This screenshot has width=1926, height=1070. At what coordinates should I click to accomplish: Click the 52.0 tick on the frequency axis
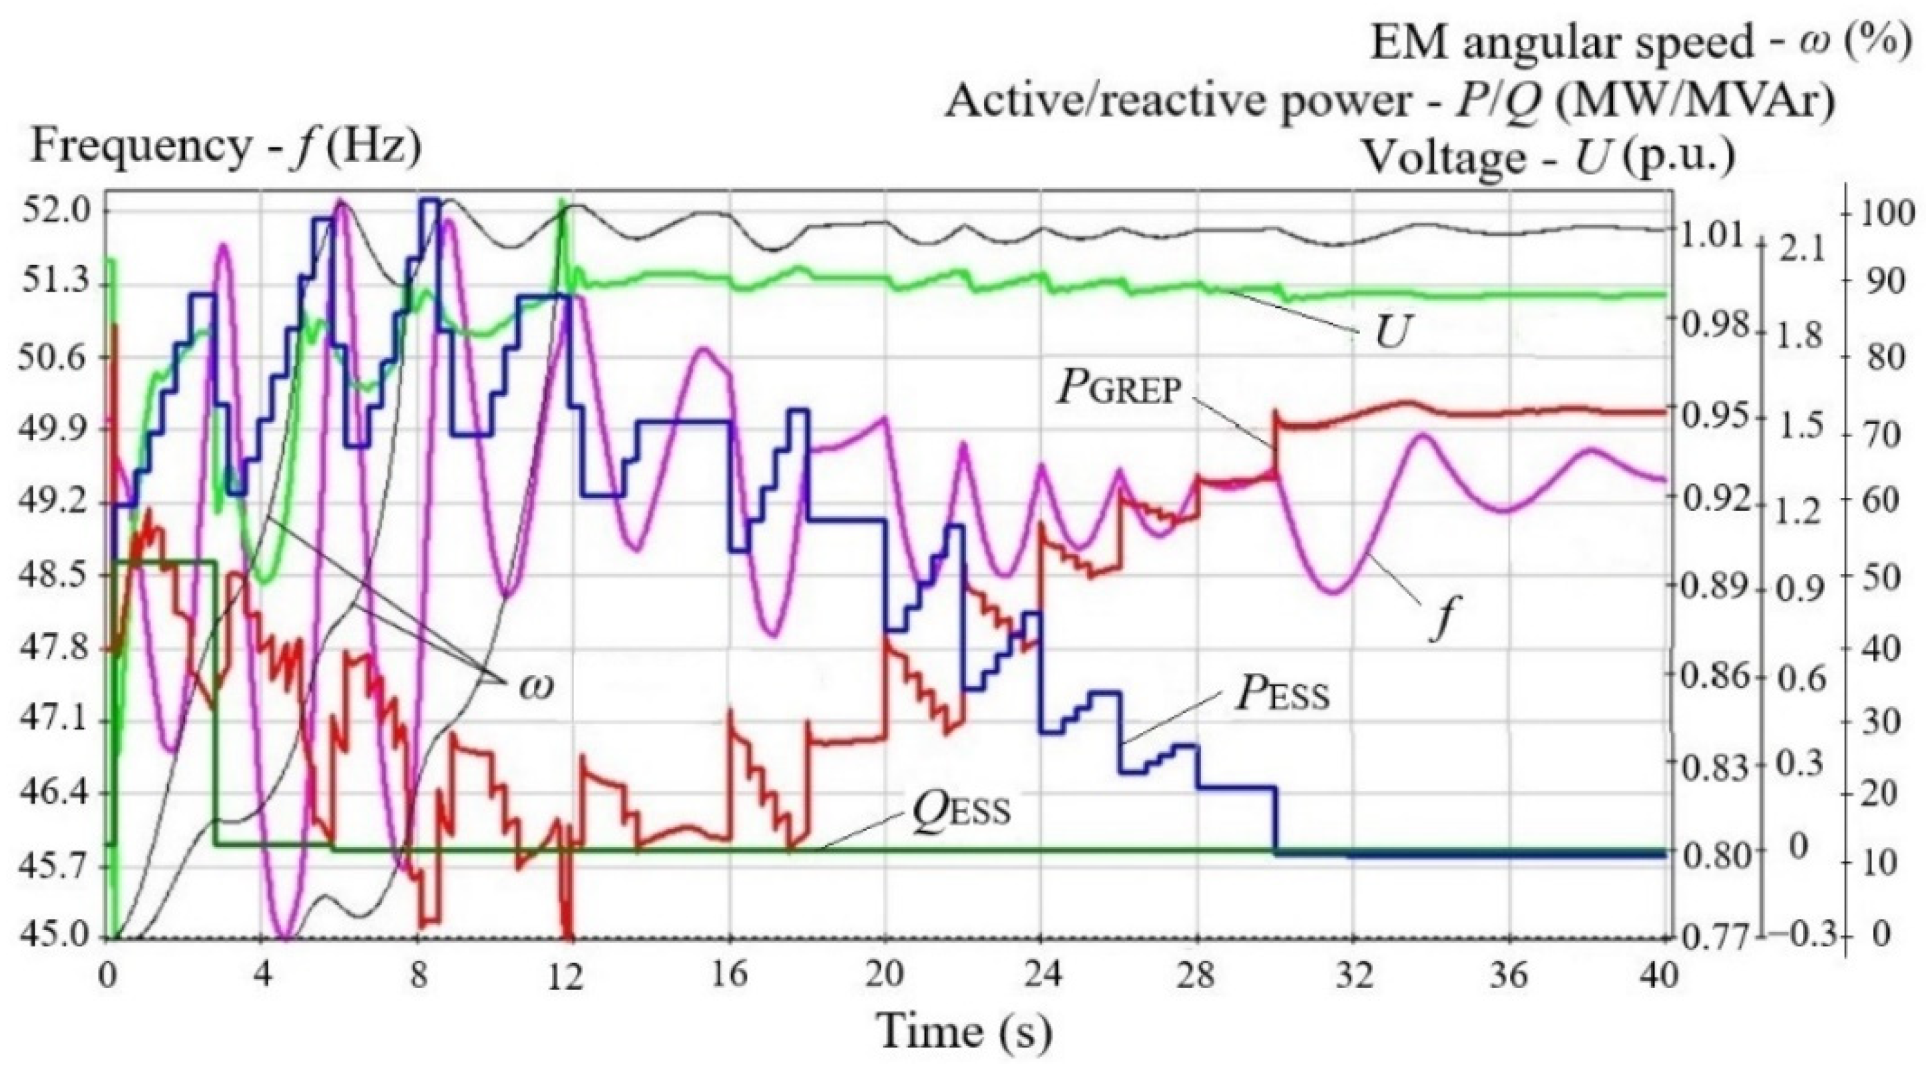53,212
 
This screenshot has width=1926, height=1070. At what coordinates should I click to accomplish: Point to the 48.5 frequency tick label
53,576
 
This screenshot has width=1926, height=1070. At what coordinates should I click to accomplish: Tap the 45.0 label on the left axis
53,936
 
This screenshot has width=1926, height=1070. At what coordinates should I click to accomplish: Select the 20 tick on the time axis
885,975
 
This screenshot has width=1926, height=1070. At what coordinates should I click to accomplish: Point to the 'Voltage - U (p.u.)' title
1548,157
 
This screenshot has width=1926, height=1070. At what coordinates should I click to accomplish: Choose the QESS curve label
961,810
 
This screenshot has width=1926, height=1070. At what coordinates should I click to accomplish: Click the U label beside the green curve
1391,334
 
